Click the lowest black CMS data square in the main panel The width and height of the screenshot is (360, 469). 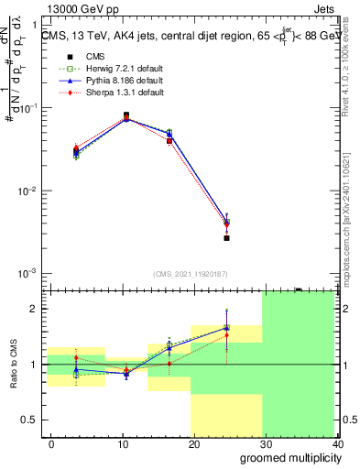[226, 238]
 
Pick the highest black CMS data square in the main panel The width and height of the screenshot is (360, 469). [126, 115]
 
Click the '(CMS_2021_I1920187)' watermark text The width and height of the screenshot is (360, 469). [192, 273]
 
